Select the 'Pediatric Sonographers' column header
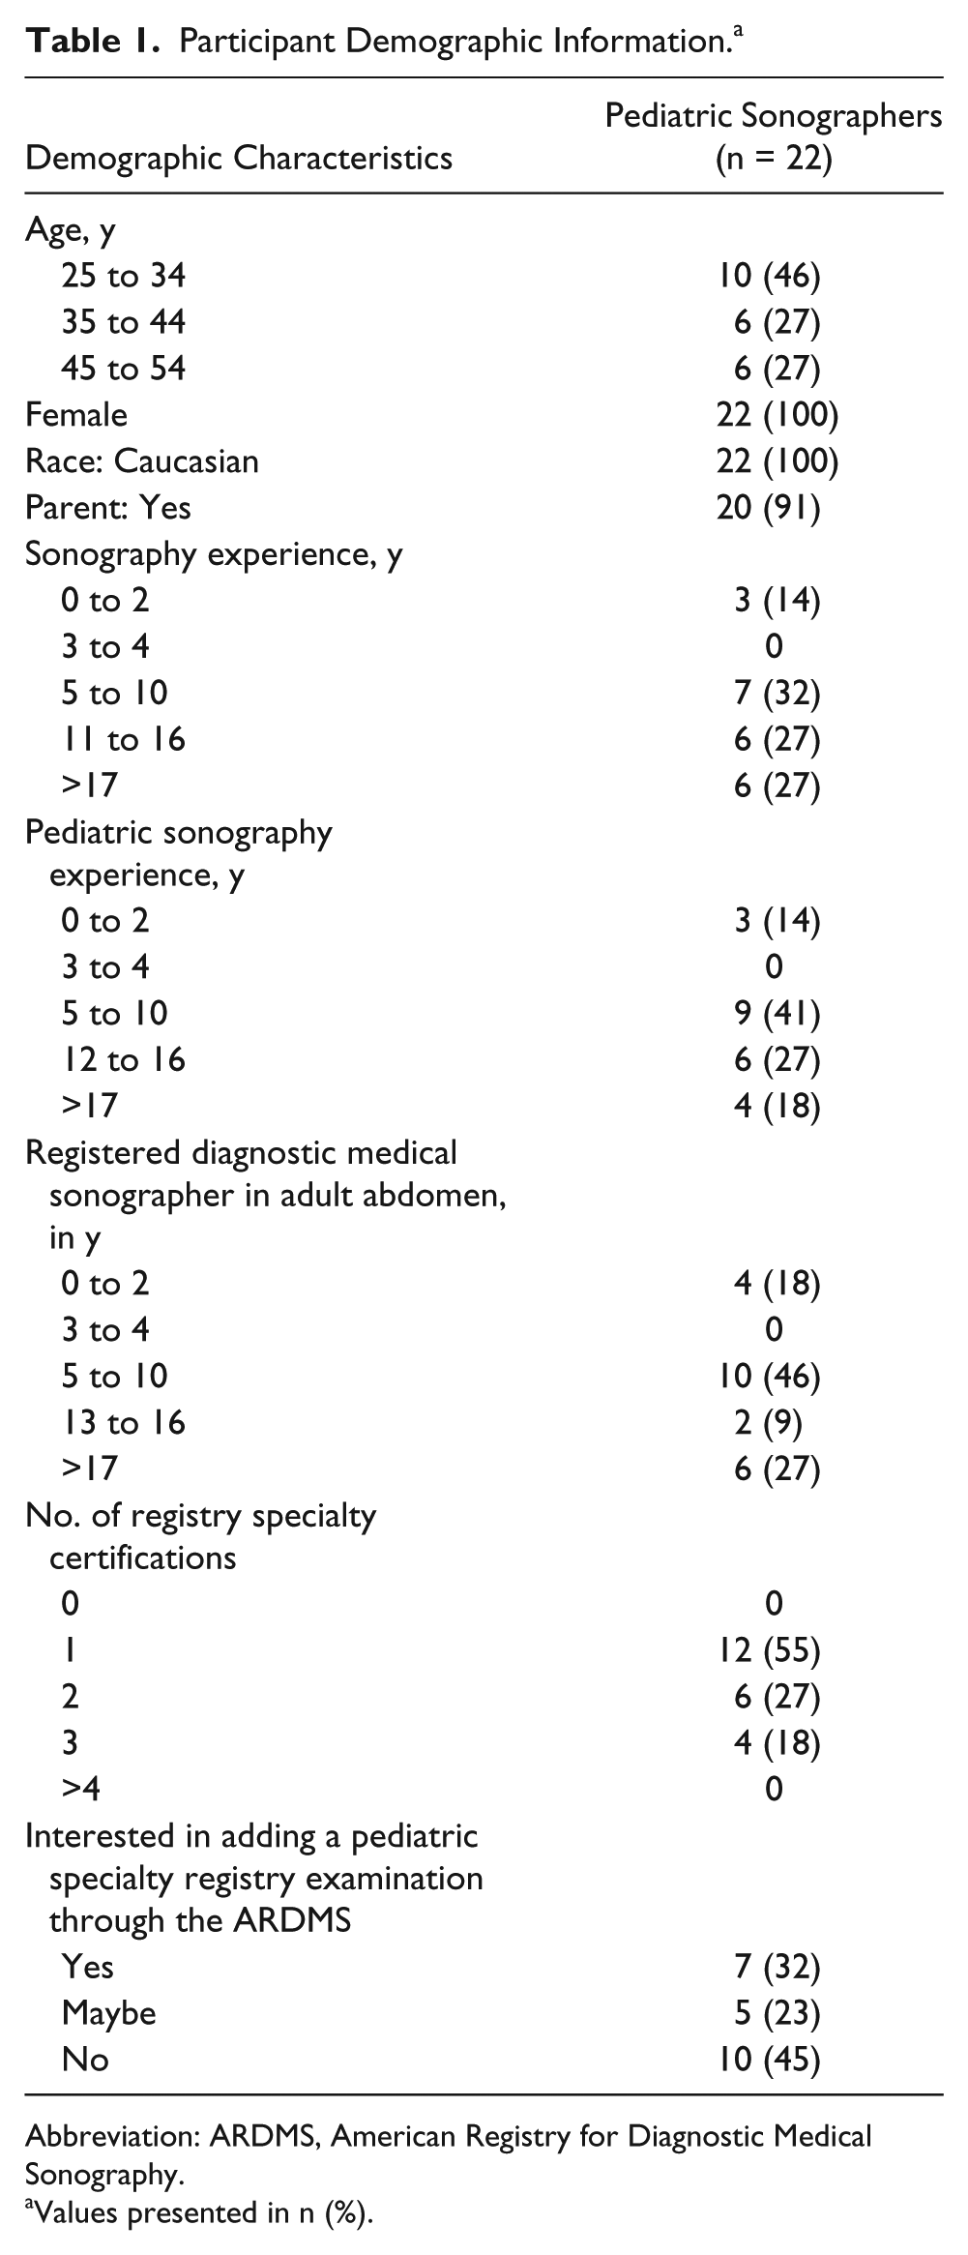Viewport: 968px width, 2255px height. (773, 116)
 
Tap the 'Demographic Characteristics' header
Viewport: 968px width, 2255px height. (239, 157)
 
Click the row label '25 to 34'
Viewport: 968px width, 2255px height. (123, 277)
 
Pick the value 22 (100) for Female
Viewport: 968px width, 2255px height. (773, 415)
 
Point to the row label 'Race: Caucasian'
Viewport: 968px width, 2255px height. (142, 460)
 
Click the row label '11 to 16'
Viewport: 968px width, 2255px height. (123, 740)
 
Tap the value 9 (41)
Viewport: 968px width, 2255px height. (777, 1013)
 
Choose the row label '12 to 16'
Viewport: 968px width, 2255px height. (123, 1059)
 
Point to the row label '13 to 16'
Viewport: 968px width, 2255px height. (123, 1422)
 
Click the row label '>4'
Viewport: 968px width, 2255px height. (81, 1789)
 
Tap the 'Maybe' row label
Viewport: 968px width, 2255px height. (108, 2013)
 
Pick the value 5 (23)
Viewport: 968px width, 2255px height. (777, 2013)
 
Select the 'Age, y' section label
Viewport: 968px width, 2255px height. (71, 232)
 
